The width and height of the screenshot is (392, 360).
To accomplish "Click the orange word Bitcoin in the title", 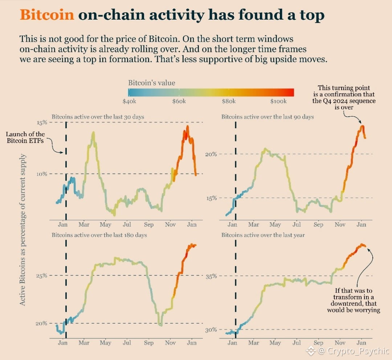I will point(47,15).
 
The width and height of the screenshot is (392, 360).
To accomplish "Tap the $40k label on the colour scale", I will point(129,101).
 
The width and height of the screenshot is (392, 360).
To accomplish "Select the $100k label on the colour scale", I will point(278,101).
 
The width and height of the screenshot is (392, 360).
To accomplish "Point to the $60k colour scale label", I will point(179,101).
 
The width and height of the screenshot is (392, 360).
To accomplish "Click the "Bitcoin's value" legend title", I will point(151,83).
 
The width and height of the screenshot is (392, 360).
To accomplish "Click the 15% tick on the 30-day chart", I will point(42,122).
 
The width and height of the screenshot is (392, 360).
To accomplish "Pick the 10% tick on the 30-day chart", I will point(42,174).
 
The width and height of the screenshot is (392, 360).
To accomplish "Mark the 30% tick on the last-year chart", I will point(211,330).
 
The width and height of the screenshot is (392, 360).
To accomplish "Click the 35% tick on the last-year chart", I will point(211,276).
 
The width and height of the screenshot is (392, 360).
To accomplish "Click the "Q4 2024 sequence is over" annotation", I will point(344,97).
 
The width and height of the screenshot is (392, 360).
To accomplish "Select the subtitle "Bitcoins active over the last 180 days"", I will point(99,235).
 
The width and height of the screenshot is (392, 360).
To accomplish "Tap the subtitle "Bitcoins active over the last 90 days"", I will point(268,117).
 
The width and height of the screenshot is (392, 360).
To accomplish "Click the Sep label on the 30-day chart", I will point(148,225).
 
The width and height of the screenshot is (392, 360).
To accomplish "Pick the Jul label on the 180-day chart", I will point(127,343).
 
